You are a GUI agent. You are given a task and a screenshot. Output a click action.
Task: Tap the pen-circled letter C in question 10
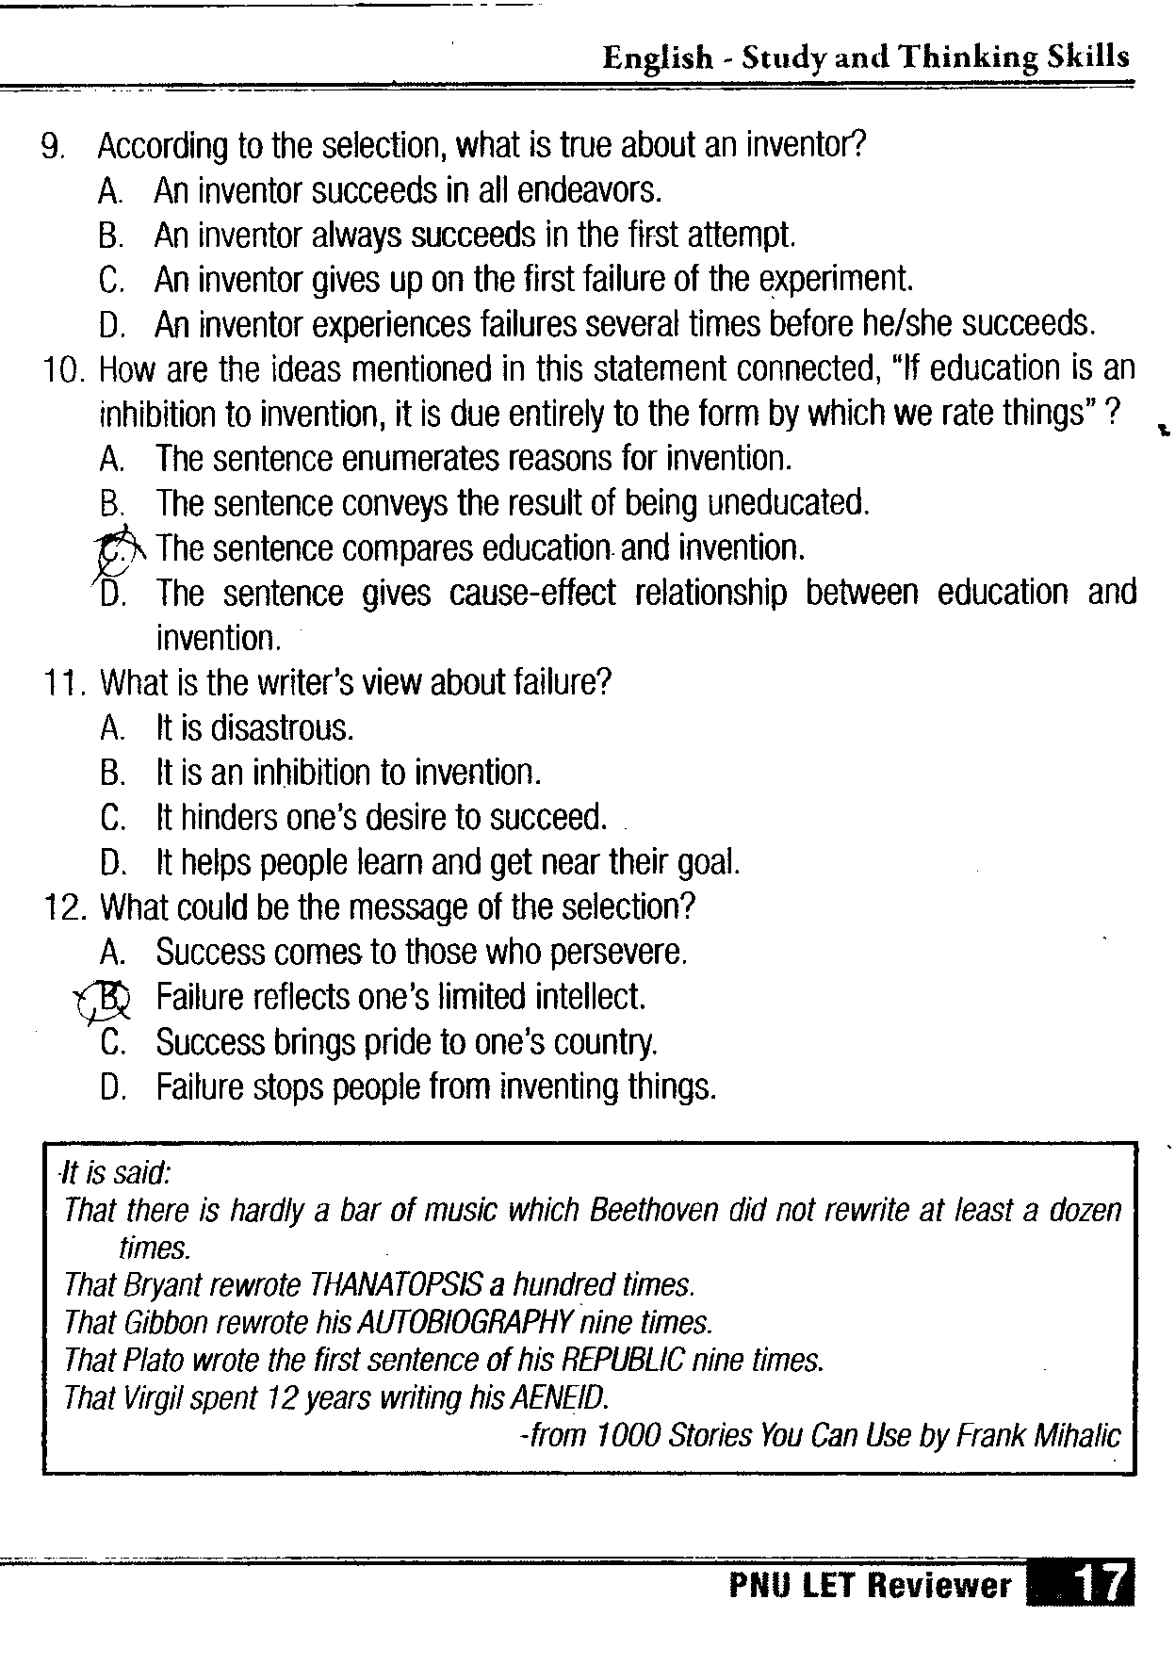click(114, 549)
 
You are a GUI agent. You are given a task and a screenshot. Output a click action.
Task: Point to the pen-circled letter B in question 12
click(110, 998)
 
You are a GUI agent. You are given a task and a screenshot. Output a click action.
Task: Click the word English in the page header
click(658, 58)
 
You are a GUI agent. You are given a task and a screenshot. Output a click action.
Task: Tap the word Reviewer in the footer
click(938, 1586)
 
